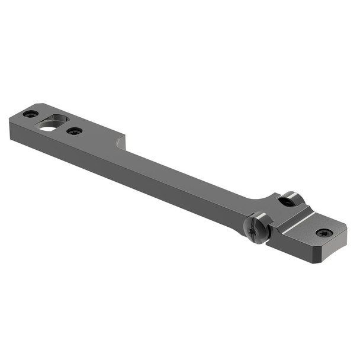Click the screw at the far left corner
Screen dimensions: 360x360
tap(30, 114)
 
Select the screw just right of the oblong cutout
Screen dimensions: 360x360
tap(75, 131)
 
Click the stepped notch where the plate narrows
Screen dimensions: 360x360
tap(121, 143)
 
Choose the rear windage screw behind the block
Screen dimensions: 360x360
tap(288, 201)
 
